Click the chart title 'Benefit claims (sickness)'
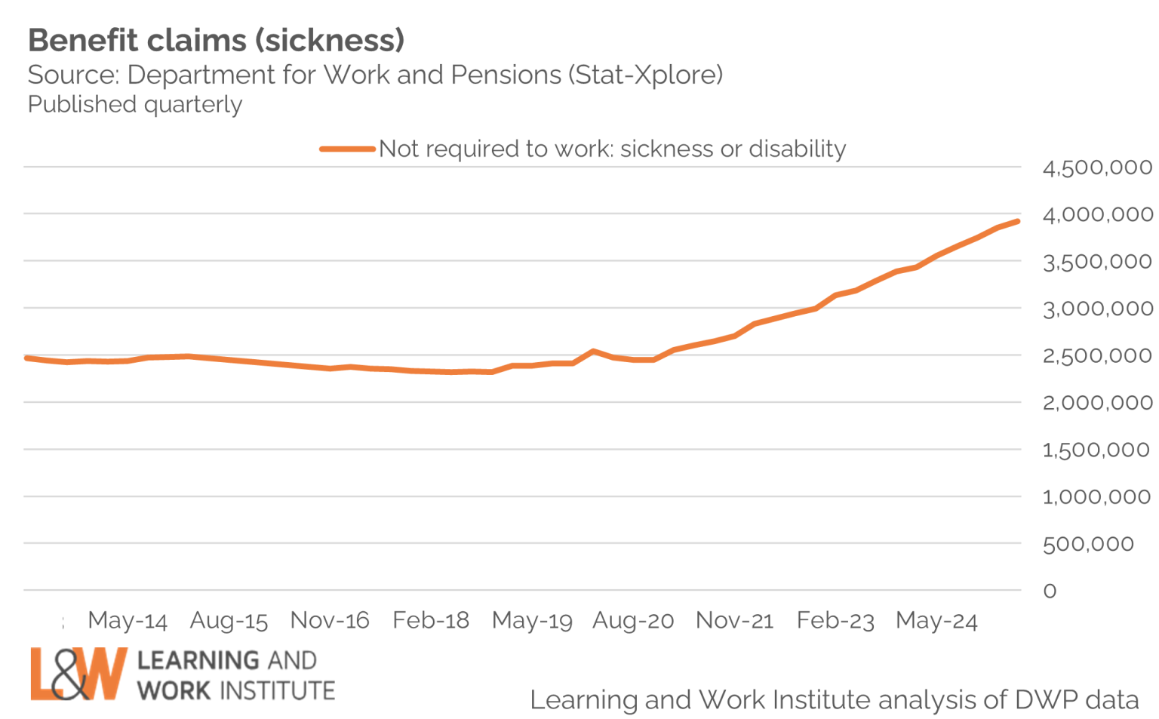point(217,41)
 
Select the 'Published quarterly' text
point(135,105)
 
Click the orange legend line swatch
point(347,149)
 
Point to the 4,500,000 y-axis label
point(1097,167)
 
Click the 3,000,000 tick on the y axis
point(1097,309)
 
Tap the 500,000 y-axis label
point(1088,544)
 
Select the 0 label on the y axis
point(1050,591)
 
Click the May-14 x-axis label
point(128,621)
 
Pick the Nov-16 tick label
point(330,621)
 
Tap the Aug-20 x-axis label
point(633,621)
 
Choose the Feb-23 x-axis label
point(835,621)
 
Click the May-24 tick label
point(936,621)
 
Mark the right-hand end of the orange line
point(1018,222)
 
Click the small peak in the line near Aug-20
point(594,351)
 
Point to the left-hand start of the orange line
point(27,358)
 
